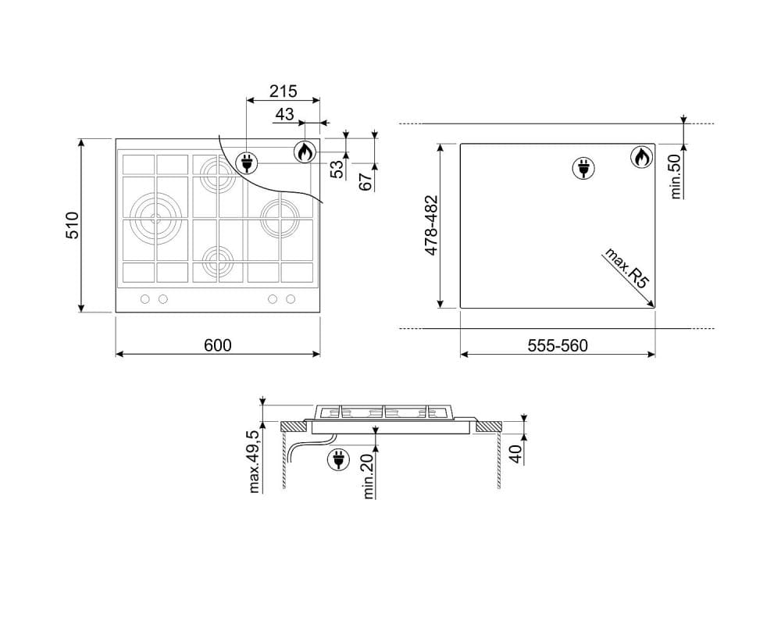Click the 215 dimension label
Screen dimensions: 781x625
tap(283, 91)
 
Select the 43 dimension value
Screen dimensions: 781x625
tap(284, 114)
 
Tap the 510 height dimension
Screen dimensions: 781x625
tap(73, 225)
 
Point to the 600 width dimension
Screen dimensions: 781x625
tap(218, 345)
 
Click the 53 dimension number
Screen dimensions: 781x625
tap(337, 170)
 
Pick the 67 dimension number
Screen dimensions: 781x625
tap(366, 181)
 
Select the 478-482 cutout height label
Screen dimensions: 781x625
tap(431, 225)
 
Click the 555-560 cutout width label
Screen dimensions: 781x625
tap(558, 345)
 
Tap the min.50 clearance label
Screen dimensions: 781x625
tap(676, 177)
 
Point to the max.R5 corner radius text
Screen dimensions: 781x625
tap(626, 268)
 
